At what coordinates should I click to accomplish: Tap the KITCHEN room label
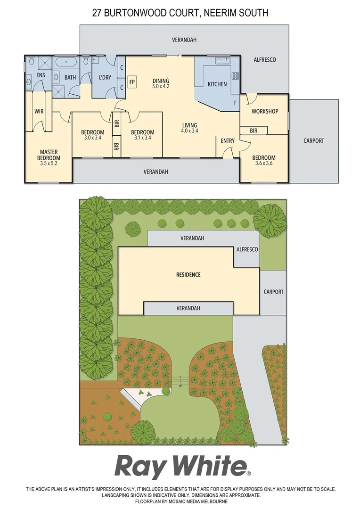click(217, 84)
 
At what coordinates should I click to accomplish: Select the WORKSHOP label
click(265, 111)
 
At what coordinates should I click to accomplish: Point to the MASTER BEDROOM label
click(49, 155)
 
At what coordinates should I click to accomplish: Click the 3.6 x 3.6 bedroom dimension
click(263, 164)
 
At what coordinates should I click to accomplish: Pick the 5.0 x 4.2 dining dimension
click(161, 87)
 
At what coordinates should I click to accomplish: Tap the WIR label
click(39, 112)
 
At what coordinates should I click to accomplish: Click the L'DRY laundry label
click(105, 78)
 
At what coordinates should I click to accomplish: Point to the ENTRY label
click(228, 141)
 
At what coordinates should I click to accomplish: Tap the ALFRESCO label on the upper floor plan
click(265, 60)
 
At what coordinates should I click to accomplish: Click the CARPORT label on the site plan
click(273, 292)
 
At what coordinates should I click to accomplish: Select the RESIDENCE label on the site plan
click(188, 275)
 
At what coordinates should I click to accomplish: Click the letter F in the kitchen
click(235, 102)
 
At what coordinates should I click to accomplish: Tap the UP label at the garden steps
click(180, 386)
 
